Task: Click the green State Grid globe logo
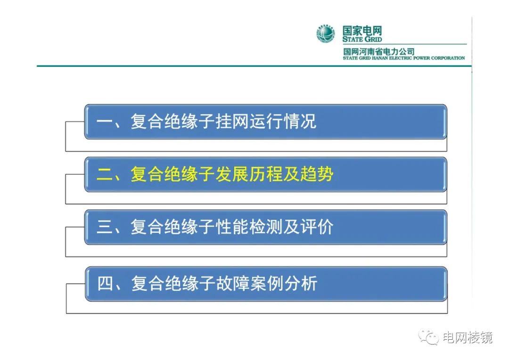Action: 325,34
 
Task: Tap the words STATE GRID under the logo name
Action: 362,40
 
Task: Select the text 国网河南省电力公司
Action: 378,51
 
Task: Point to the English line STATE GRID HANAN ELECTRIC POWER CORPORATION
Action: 404,58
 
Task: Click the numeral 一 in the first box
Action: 103,122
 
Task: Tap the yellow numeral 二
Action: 103,175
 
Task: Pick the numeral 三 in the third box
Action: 103,228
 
